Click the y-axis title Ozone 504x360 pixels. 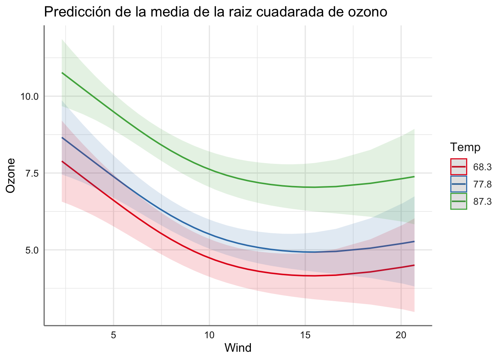(x=11, y=175)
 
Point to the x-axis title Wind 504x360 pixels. (x=238, y=348)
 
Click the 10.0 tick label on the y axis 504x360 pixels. (x=30, y=96)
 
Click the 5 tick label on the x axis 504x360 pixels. (x=114, y=335)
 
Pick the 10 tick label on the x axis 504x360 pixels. (x=209, y=335)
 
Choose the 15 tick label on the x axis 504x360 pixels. (x=305, y=335)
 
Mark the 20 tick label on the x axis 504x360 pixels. (x=401, y=335)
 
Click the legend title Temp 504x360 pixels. (x=465, y=147)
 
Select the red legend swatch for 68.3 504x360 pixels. (x=459, y=167)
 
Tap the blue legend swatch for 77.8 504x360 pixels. (x=459, y=184)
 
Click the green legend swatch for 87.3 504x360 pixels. (x=459, y=201)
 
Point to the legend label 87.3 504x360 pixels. (x=482, y=201)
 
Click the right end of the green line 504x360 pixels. (x=414, y=177)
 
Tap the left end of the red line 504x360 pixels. (x=62, y=161)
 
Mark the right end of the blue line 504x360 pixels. (x=414, y=241)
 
